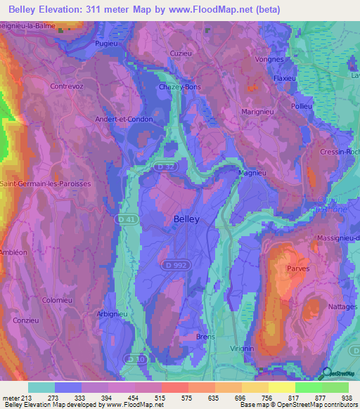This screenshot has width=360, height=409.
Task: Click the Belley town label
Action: point(186,219)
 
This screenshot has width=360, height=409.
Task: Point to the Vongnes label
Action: point(270,59)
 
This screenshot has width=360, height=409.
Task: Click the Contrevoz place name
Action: point(67,86)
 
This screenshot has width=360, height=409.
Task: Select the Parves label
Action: point(298,268)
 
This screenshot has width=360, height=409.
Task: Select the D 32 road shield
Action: point(165,167)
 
